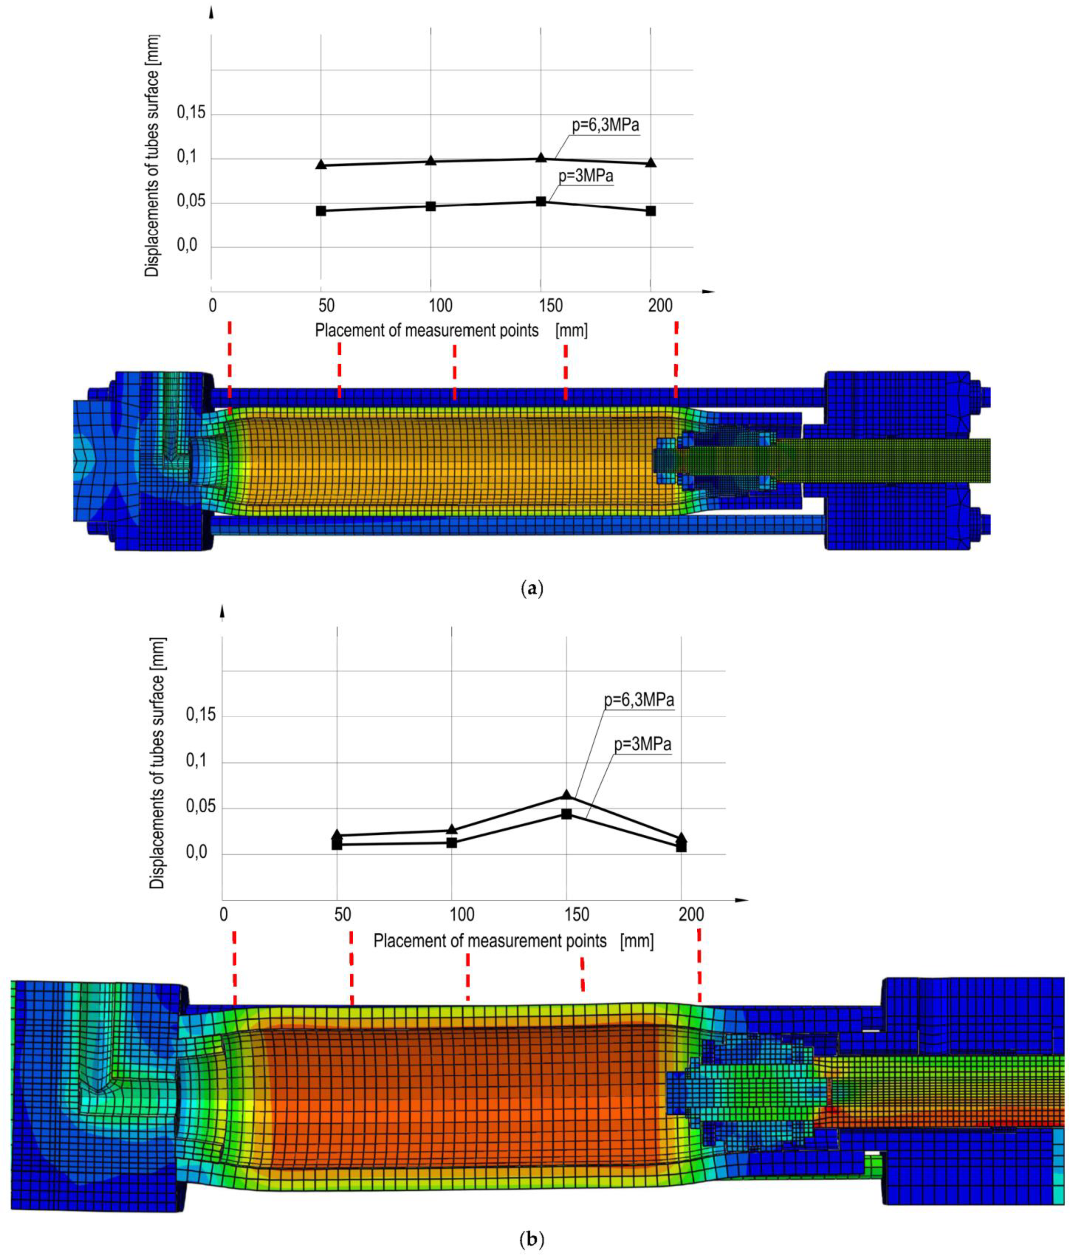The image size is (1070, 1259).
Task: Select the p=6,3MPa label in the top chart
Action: pyautogui.click(x=606, y=126)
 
